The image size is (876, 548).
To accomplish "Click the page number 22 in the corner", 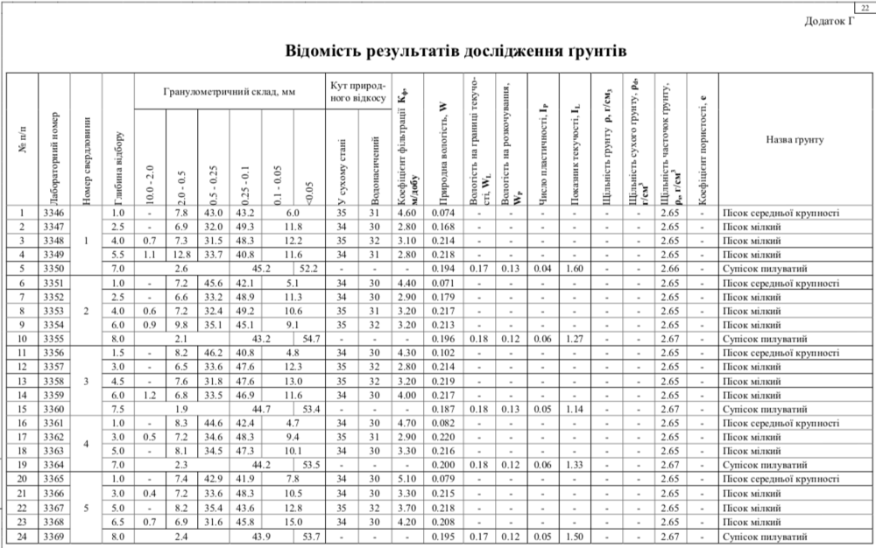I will tap(866, 7).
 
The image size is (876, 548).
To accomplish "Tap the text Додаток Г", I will tap(829, 22).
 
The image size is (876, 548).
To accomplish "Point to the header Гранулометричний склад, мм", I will tap(228, 92).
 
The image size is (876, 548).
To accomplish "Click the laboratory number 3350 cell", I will tap(53, 269).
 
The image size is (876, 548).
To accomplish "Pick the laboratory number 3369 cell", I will tap(53, 536).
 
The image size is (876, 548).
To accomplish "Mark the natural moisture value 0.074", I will tap(442, 213).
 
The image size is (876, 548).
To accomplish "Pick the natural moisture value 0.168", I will tap(442, 227).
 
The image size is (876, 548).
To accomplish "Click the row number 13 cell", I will tap(22, 381).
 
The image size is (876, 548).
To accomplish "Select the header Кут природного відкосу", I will tap(357, 92).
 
